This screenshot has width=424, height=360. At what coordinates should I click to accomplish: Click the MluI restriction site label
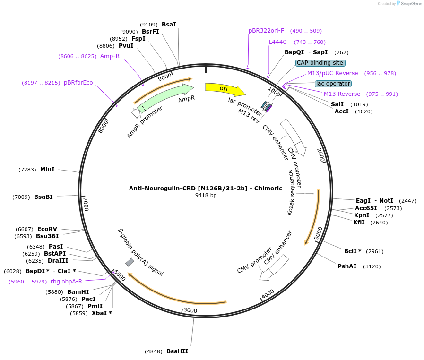[x=47, y=170]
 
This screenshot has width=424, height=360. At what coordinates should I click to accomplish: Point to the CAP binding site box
[x=320, y=63]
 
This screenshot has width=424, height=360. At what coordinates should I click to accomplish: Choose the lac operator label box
[x=333, y=84]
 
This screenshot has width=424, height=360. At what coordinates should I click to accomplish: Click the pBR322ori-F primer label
[x=267, y=31]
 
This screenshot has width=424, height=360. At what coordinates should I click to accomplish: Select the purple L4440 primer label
[x=277, y=42]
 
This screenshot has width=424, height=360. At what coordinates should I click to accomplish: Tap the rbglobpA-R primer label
[x=66, y=282]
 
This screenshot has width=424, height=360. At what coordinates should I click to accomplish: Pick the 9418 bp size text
[x=206, y=195]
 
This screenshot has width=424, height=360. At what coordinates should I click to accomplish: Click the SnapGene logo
[x=409, y=4]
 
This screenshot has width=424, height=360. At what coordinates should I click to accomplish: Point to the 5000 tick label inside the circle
[x=190, y=310]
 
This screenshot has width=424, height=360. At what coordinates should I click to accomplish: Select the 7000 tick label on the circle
[x=86, y=204]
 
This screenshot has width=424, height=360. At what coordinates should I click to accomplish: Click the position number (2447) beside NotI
[x=407, y=201]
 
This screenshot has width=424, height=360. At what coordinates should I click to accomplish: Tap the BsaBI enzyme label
[x=43, y=197]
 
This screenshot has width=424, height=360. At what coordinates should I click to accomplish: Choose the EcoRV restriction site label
[x=47, y=229]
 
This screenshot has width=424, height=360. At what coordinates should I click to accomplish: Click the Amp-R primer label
[x=110, y=56]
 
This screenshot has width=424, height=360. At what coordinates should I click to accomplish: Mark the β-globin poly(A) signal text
[x=140, y=252]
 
